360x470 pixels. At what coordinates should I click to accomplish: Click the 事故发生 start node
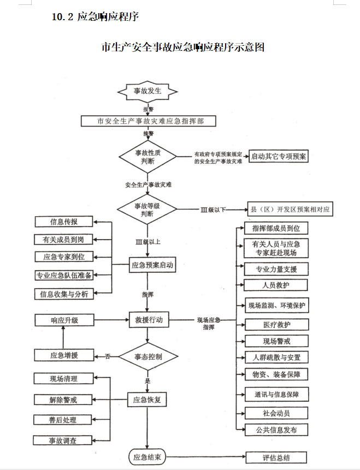[148, 91]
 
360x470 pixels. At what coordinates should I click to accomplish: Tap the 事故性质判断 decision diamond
[148, 157]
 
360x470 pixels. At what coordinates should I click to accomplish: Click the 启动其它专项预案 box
[279, 157]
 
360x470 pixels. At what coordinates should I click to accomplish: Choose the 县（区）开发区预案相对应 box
[290, 209]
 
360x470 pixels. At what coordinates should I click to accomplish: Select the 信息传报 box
[64, 222]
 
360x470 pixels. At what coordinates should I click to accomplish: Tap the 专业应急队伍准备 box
[64, 275]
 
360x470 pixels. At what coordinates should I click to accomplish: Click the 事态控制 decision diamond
[148, 356]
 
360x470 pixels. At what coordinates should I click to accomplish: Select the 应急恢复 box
[147, 400]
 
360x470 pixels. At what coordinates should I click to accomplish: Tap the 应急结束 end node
[147, 457]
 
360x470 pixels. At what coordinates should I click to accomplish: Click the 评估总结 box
[276, 457]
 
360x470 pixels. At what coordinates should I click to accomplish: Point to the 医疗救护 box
[276, 324]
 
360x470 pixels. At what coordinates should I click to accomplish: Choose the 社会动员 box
[276, 413]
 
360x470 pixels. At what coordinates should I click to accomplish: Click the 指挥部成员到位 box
[276, 227]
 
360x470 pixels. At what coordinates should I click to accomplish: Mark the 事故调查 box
[63, 441]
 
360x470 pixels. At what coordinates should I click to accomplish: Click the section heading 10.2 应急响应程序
[95, 17]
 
